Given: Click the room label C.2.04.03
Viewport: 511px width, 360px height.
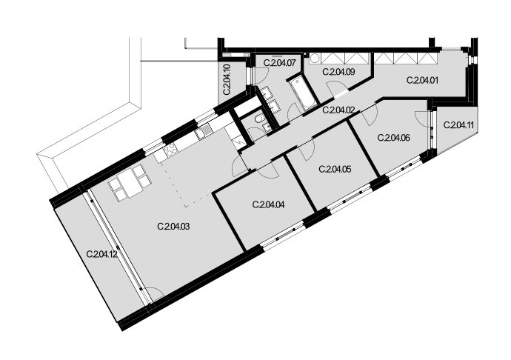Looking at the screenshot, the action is (x=173, y=226).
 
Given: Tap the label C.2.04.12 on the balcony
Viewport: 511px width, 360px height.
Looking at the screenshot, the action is (x=102, y=254).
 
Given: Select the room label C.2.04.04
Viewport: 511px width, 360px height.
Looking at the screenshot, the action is (x=268, y=204).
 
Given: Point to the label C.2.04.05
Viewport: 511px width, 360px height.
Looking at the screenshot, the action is (x=335, y=169).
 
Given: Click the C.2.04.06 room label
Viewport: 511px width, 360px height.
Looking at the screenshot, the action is (x=394, y=138).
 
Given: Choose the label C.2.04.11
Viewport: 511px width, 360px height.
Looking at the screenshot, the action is (x=459, y=125).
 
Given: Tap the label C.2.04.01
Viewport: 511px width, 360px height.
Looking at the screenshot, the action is (x=423, y=80).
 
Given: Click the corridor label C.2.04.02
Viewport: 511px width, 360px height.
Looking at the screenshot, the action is (x=338, y=110).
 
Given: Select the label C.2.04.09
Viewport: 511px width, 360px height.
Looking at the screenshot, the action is (x=338, y=72).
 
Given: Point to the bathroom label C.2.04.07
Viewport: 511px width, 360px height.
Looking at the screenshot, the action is (x=279, y=63).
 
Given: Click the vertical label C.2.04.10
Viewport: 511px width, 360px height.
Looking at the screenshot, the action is (x=227, y=79).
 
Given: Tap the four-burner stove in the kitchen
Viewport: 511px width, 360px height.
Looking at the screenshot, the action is (x=170, y=150).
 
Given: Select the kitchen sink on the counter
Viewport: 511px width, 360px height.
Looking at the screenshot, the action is (x=204, y=133).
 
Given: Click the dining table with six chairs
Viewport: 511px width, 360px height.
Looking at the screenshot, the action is (x=130, y=183).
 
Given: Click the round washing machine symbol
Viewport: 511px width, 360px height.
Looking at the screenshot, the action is (x=315, y=59).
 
